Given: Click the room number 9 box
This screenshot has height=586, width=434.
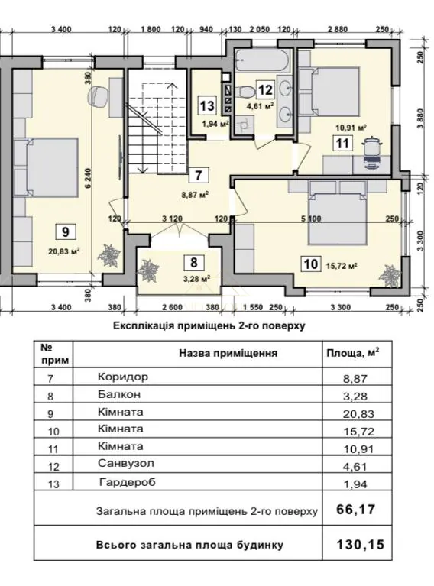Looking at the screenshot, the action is pos(66,231).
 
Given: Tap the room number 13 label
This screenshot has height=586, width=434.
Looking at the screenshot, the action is pos(207,105).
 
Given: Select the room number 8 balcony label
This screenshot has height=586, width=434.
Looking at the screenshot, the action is pos(193,262).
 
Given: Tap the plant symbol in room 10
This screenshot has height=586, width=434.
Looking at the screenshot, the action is pos(387,276).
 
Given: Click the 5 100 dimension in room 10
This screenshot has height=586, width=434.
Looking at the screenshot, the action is pos(311,219).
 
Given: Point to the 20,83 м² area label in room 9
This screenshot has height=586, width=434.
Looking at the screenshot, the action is pos(65,251).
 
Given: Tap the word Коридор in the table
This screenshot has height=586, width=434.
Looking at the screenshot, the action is pos(123,377).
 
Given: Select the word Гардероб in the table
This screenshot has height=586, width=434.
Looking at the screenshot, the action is pos(128,482).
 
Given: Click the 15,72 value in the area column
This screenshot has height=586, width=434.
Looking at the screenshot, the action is pos(359,432).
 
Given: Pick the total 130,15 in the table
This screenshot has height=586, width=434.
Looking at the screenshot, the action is pos(361,545).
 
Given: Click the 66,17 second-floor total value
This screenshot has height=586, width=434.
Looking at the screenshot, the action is pos(355,510).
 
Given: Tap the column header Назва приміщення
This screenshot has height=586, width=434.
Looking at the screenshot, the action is pos(228,353).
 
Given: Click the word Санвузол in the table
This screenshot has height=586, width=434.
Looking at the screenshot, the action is pos(126,464).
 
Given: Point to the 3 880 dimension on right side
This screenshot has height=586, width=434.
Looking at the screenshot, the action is pos(421,118).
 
